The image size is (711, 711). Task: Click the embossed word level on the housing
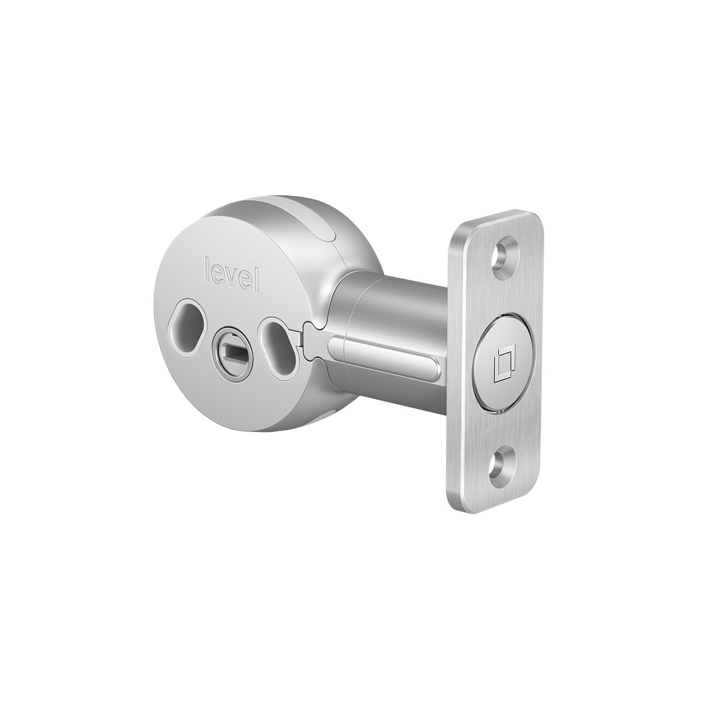click(232, 275)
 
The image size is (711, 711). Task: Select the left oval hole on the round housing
click(181, 330)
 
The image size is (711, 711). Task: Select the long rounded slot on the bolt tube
click(387, 370)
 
